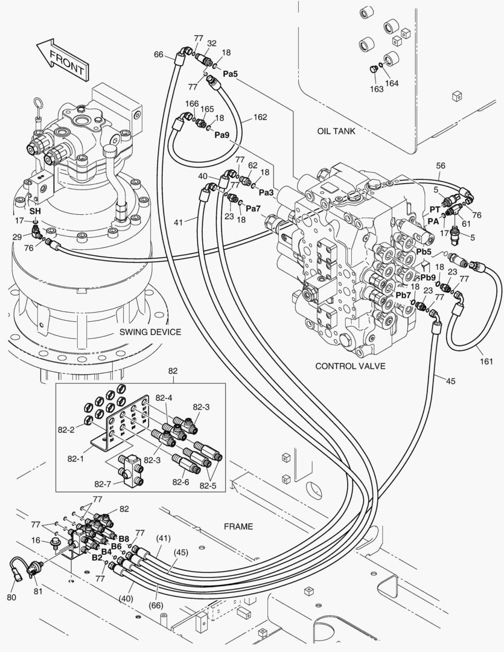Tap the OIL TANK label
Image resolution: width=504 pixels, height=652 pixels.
[336, 130]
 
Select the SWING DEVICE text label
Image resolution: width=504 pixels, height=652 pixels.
[150, 331]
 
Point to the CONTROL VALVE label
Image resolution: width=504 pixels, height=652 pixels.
[350, 366]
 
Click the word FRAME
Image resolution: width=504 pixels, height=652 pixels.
[238, 526]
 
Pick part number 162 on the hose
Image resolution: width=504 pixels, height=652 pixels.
[260, 117]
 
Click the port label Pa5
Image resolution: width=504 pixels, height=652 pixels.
[230, 74]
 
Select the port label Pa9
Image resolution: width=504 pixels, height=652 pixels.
[222, 135]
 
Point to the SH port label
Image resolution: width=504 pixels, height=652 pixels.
[35, 212]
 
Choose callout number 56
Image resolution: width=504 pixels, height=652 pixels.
[441, 165]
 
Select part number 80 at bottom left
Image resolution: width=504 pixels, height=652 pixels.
[12, 597]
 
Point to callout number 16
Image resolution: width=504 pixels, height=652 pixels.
[36, 541]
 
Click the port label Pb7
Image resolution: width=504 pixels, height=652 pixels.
[403, 294]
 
